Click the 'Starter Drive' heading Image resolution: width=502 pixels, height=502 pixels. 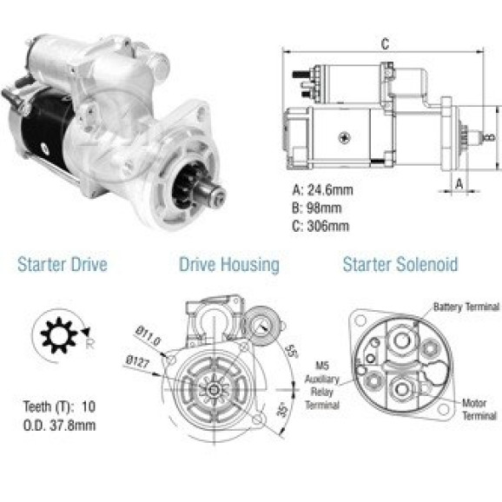coord(63,264)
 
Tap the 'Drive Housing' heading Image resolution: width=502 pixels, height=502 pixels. coord(229,265)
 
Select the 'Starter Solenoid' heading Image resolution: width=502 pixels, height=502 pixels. coord(400,264)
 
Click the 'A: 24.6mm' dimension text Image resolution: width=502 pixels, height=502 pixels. coord(322,190)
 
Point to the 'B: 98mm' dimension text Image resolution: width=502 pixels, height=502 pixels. coord(317,208)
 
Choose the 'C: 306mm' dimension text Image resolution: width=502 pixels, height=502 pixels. coord(320,226)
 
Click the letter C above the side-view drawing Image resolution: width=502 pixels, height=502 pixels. coord(385,44)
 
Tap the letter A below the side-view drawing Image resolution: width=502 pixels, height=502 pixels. coord(459,184)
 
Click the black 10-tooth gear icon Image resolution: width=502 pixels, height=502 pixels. coord(59,335)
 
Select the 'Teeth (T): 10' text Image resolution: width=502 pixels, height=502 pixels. coord(59,406)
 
